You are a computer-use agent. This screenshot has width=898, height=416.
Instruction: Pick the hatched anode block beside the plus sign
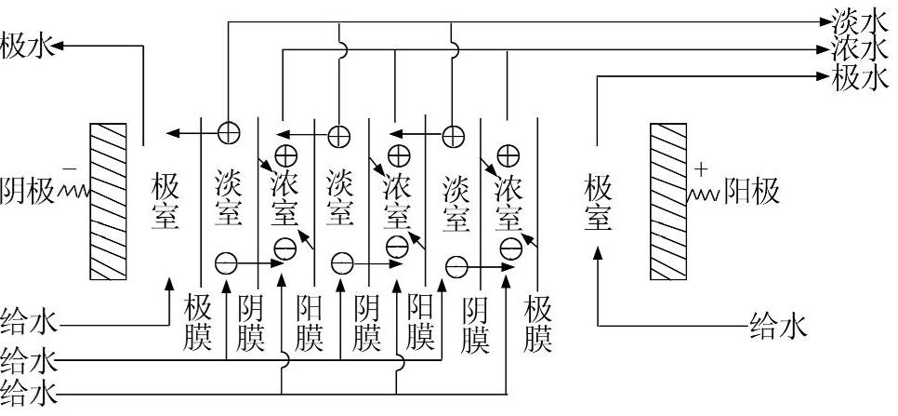coord(671,201)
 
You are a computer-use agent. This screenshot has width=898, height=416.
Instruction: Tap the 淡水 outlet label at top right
coord(862,19)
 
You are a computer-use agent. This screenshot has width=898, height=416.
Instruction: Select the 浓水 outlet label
coord(862,47)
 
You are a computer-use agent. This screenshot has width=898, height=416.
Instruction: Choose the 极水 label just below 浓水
coord(862,77)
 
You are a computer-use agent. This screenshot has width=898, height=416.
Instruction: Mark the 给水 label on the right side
coord(777,326)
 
